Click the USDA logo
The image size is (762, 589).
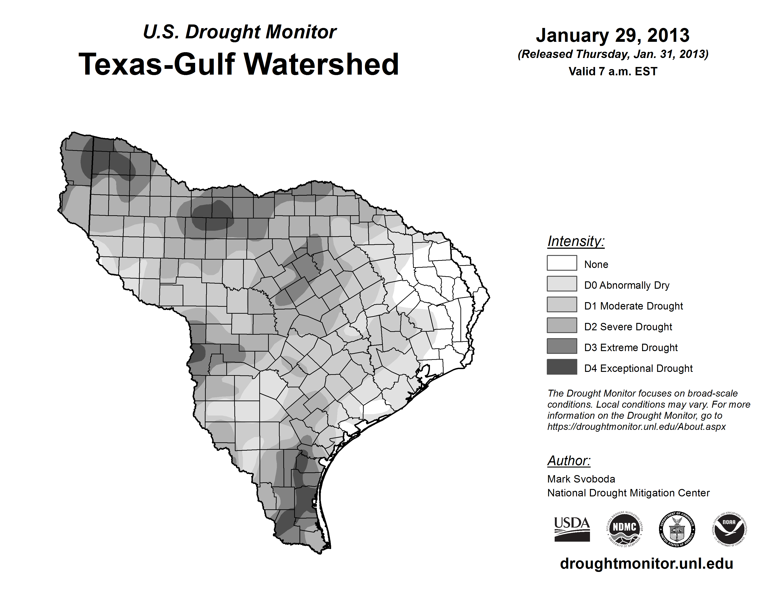(572, 529)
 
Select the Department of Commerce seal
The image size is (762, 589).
(677, 529)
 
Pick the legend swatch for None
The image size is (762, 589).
(562, 263)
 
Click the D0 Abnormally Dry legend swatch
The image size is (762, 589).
(562, 284)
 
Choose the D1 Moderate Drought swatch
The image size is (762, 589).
(562, 304)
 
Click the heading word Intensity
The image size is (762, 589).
(576, 241)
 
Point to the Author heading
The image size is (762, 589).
(569, 461)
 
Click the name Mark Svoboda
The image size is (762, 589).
(581, 479)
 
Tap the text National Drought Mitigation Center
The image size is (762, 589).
(628, 493)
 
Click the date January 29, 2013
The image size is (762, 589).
(613, 35)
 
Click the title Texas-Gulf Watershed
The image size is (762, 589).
(239, 64)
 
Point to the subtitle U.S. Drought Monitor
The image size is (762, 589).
(240, 32)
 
